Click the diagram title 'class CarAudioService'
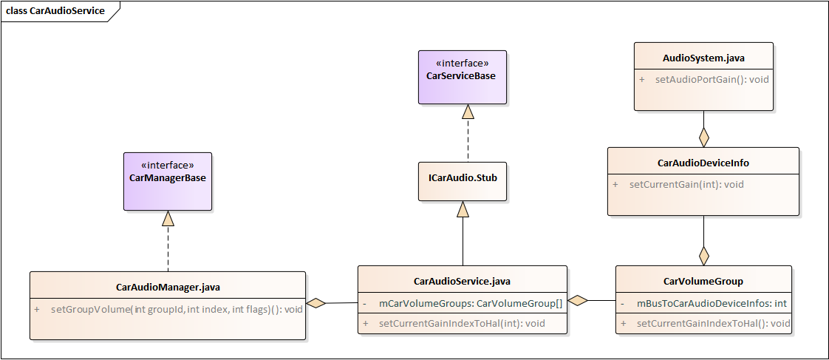pos(55,11)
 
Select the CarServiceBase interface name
pos(462,76)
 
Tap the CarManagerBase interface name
pos(167,178)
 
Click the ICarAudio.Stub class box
pos(462,178)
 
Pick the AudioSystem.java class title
pos(703,57)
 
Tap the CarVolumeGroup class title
pos(703,281)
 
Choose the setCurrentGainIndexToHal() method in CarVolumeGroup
pos(712,323)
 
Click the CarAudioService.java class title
pos(462,281)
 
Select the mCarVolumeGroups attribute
pos(470,303)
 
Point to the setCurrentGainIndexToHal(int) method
pos(461,323)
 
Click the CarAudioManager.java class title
pos(168,287)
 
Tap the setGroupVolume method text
pos(176,309)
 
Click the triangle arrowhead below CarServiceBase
pos(467,112)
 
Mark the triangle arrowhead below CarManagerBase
pos(168,218)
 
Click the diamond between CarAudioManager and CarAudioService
pos(316,302)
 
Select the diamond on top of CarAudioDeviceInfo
pos(703,137)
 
